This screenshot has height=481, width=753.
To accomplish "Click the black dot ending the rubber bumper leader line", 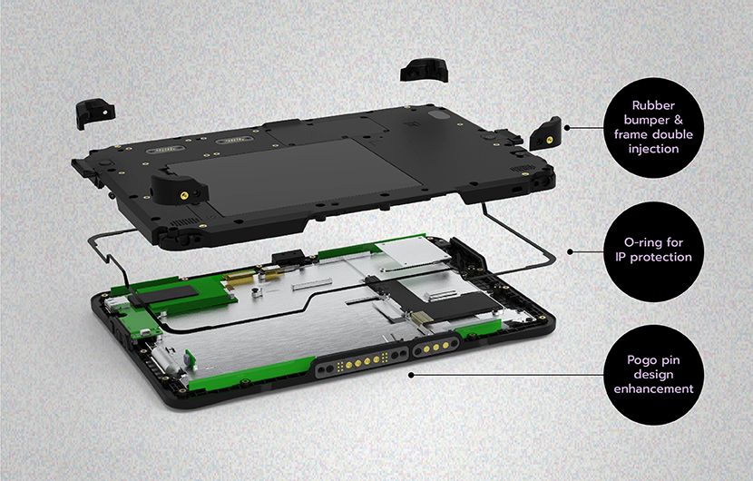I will pos(567,128).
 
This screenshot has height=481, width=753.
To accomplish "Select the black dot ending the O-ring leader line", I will pos(569,250).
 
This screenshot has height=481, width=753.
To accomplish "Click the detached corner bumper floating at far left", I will pos(93,112).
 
